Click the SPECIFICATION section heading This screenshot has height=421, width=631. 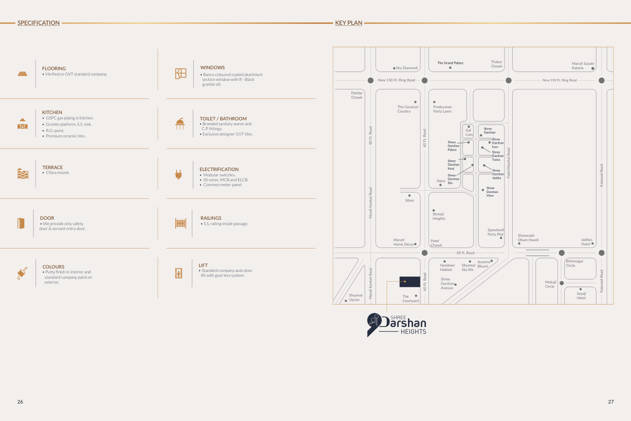point(38,23)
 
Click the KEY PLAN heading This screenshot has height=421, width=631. point(349,23)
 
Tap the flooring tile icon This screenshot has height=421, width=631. point(22,74)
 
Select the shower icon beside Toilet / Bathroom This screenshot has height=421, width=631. point(180,124)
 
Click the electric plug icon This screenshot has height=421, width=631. point(178,174)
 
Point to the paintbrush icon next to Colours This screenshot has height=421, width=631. point(22,273)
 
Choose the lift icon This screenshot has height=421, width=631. point(179,273)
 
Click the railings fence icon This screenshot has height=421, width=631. point(181,223)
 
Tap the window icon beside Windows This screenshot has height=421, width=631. point(181,74)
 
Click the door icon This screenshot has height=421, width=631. point(21,223)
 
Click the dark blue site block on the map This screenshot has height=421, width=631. point(409,282)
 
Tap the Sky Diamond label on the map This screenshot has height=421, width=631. point(407,68)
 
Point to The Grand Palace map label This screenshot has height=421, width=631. point(450,63)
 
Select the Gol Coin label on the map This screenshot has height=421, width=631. point(468,132)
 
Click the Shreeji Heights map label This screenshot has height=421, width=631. point(439,216)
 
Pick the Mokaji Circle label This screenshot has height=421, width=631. point(551,284)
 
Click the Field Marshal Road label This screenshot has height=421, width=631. point(508,163)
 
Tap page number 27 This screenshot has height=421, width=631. point(611,402)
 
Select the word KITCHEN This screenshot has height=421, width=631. point(52,112)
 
